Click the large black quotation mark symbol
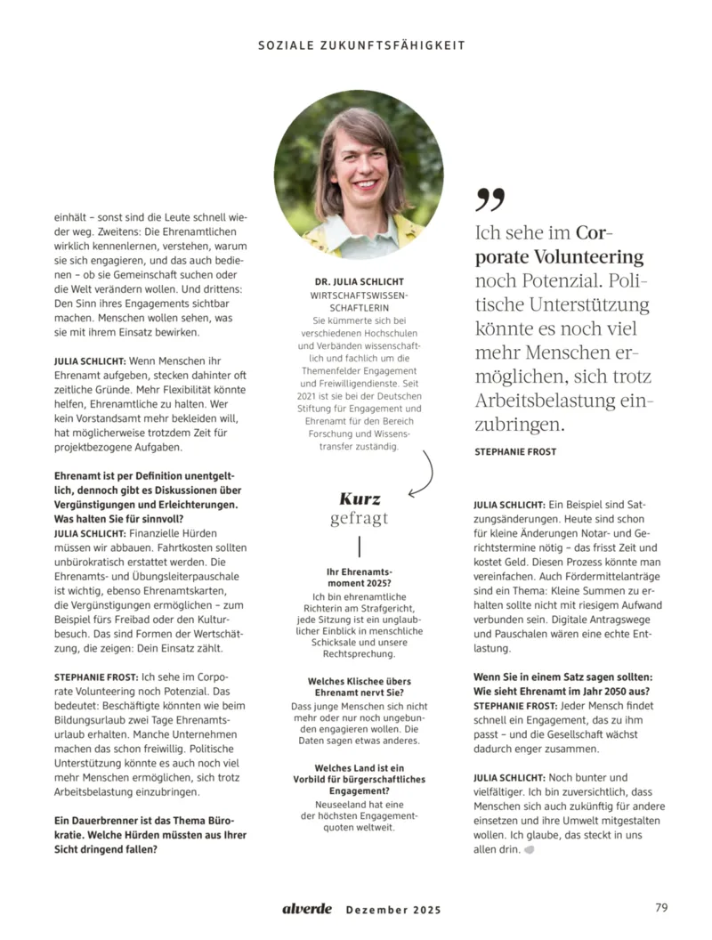489,199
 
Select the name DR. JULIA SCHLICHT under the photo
358,282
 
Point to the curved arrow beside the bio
424,472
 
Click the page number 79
660,908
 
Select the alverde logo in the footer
307,909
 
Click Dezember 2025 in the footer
392,910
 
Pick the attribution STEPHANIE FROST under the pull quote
515,451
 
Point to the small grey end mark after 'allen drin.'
530,850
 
